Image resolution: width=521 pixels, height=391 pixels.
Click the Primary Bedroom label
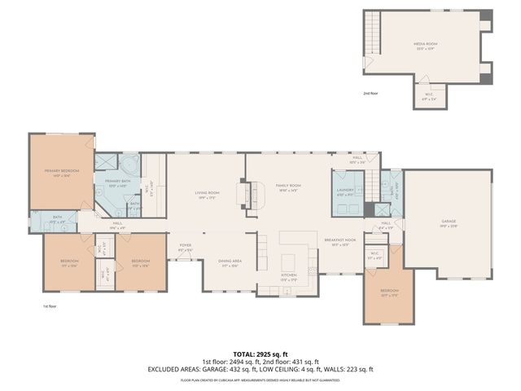click(58, 172)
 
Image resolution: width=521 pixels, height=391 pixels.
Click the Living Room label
click(205, 195)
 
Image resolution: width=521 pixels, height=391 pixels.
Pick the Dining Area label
click(230, 262)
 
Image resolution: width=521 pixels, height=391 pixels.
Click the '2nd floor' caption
click(371, 94)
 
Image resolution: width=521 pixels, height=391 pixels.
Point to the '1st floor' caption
click(50, 306)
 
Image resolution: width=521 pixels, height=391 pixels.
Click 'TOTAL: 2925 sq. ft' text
click(260, 355)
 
